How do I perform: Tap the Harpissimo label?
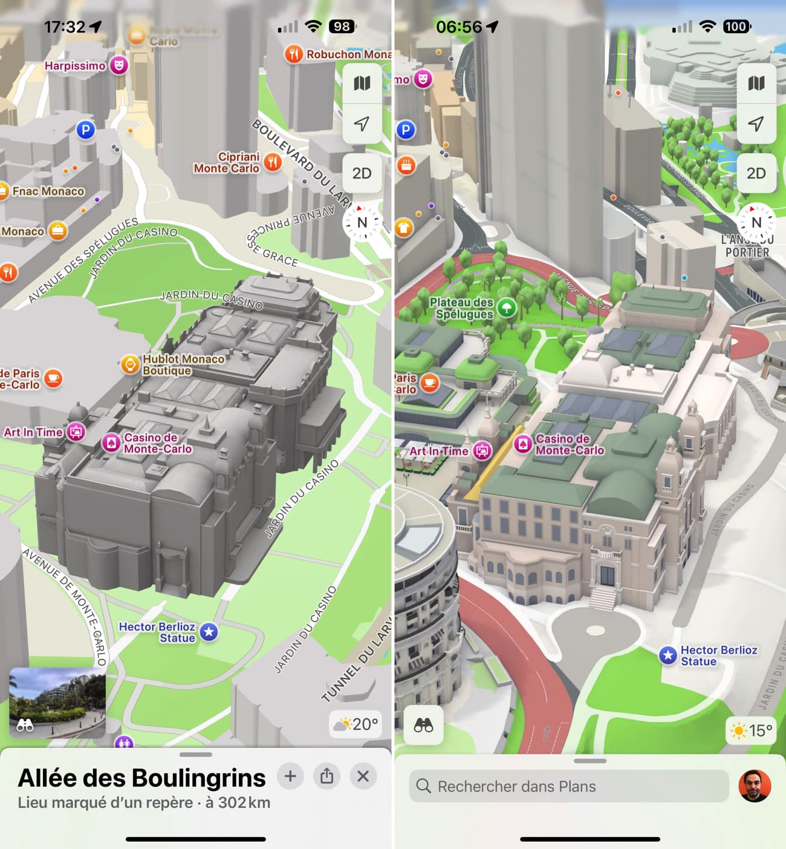[75, 65]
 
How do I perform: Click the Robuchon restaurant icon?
[293, 54]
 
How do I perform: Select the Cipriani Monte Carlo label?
[227, 162]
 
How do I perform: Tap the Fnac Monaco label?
[48, 191]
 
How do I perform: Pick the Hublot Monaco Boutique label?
[183, 364]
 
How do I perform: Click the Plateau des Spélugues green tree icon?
[507, 307]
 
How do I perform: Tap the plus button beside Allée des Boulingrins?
[290, 776]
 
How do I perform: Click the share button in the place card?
[326, 776]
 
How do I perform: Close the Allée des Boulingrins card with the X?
[363, 776]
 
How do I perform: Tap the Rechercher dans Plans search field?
[568, 786]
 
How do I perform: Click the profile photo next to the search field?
[755, 786]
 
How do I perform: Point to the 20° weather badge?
[356, 724]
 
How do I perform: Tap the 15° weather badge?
[751, 730]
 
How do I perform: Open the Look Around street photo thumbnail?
[57, 703]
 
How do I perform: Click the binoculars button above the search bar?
[423, 725]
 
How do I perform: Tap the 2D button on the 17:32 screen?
[362, 174]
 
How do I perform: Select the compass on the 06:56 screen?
[756, 222]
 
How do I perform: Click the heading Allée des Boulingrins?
[141, 778]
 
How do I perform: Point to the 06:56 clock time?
[459, 27]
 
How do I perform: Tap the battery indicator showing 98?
[342, 27]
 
